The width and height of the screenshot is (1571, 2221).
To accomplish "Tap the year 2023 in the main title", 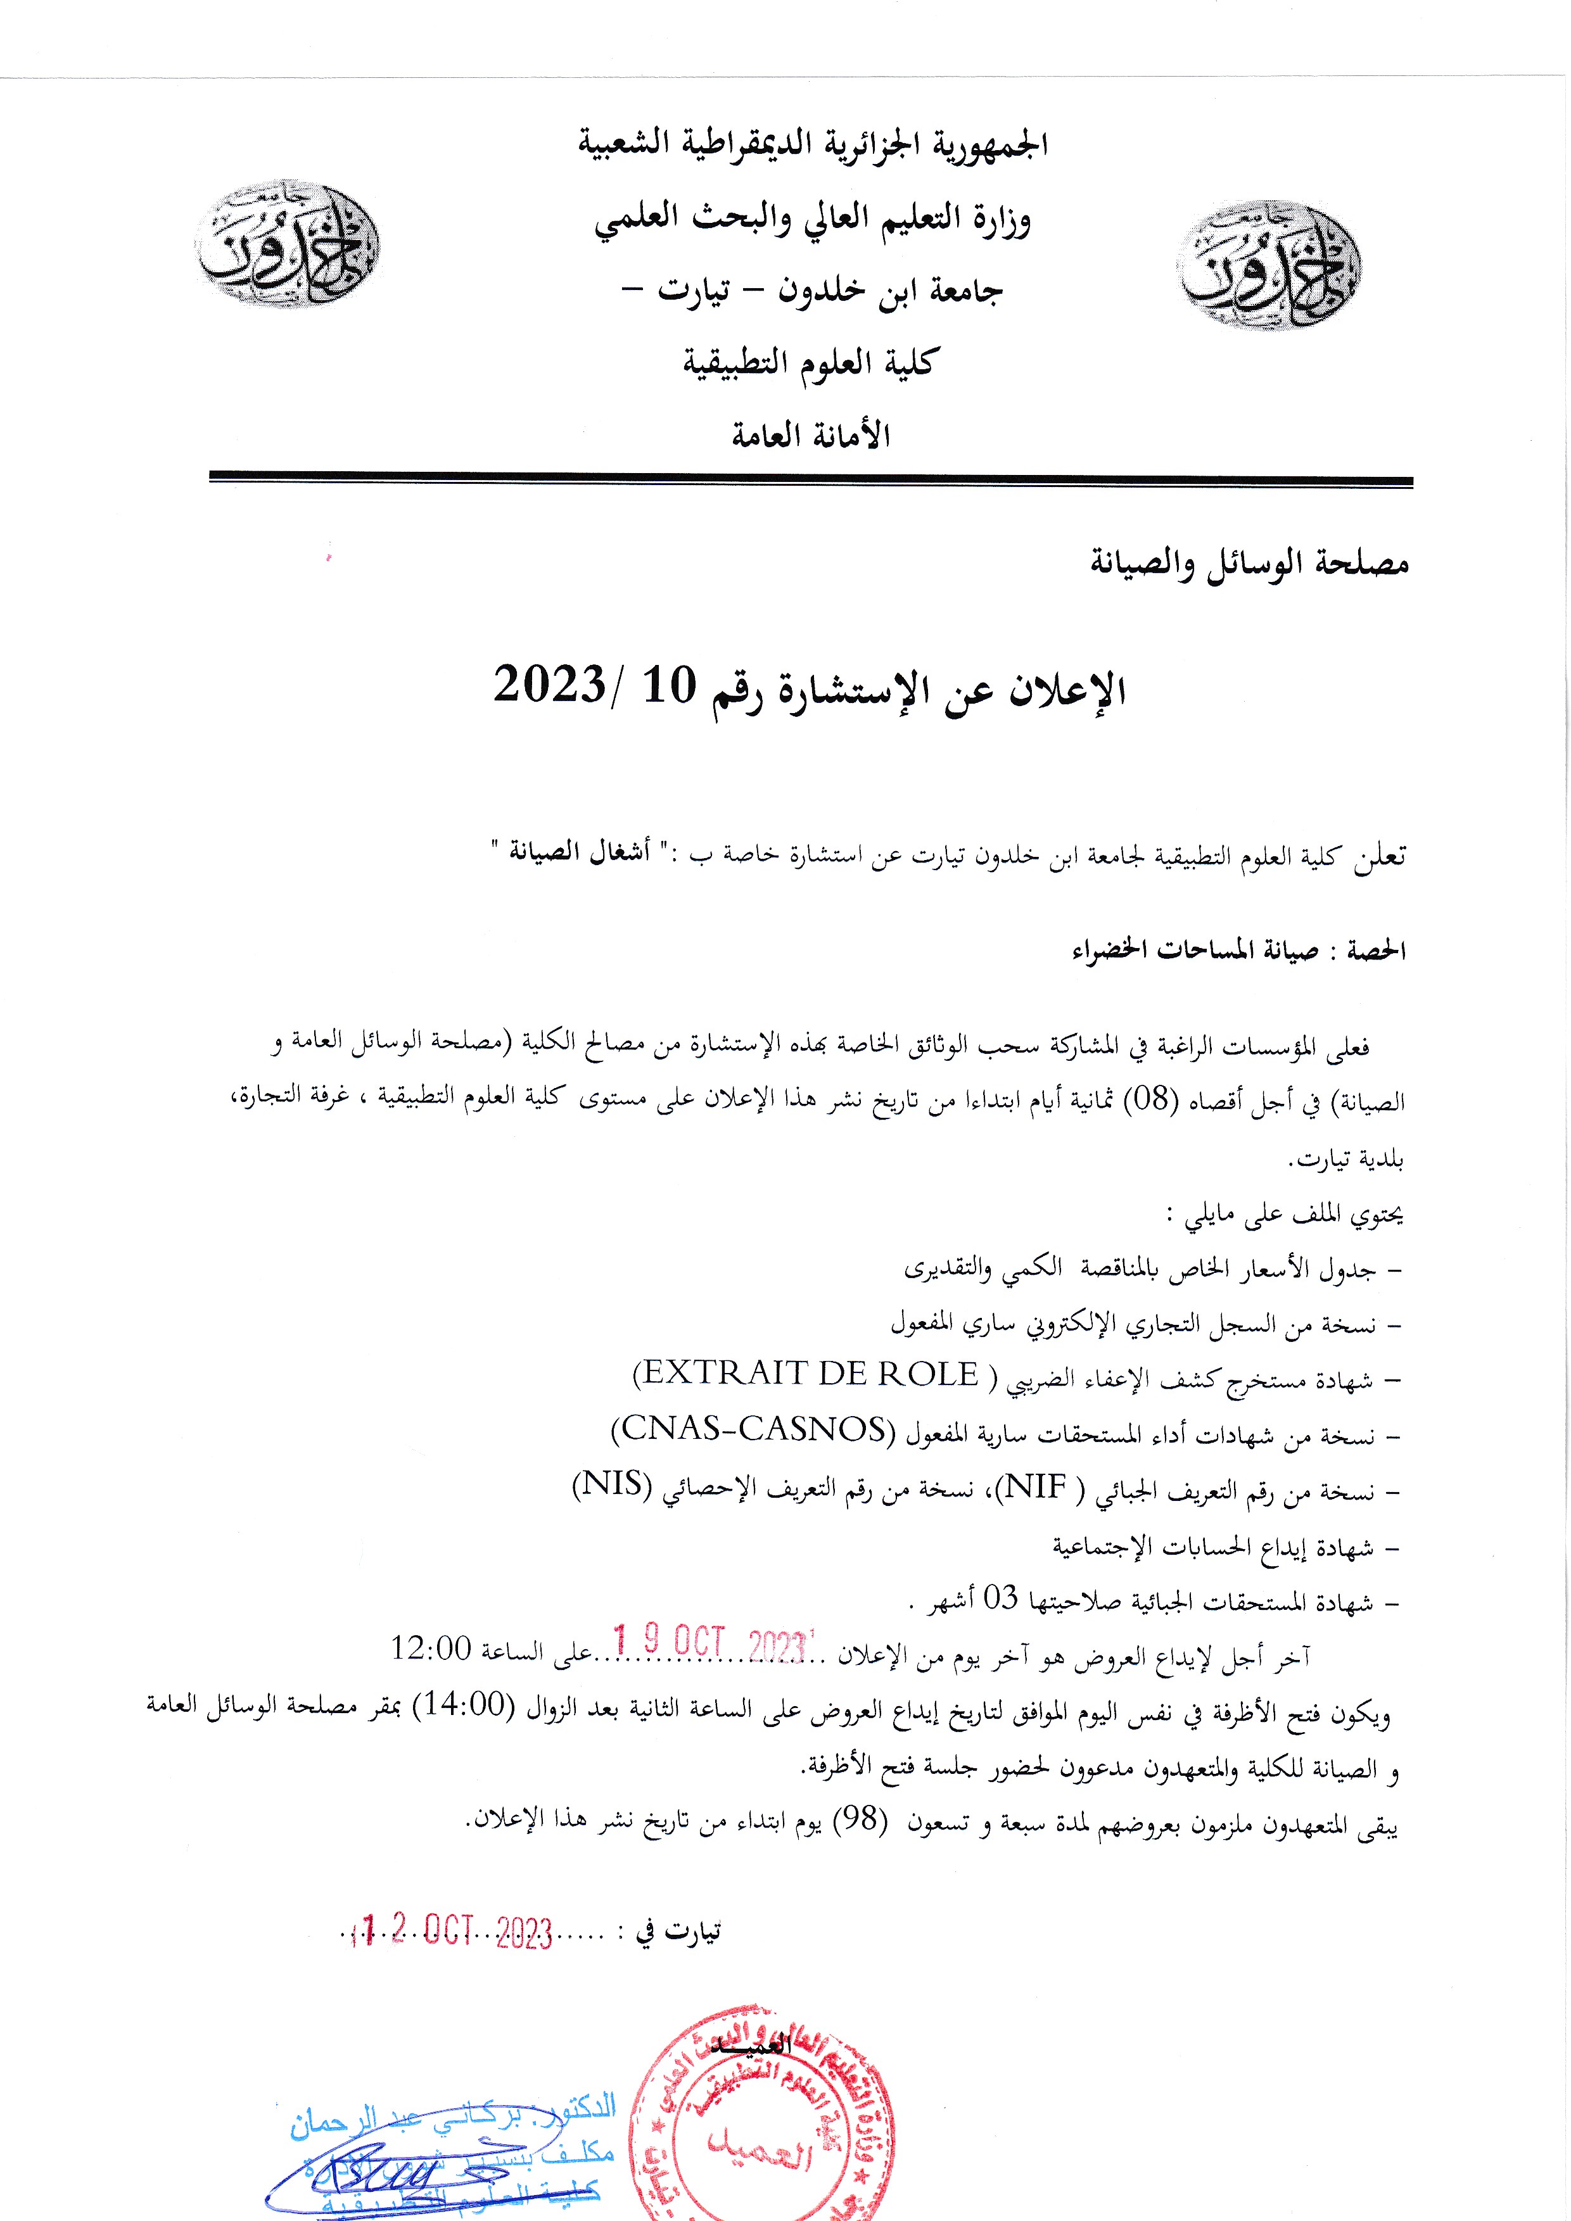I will tap(549, 686).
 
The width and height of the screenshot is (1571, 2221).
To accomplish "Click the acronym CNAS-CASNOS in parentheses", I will tap(754, 1429).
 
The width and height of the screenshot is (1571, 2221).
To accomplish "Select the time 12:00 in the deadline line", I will tap(431, 1647).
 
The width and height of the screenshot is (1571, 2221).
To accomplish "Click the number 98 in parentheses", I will tap(860, 1819).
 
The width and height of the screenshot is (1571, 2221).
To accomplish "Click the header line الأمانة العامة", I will tap(811, 436).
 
